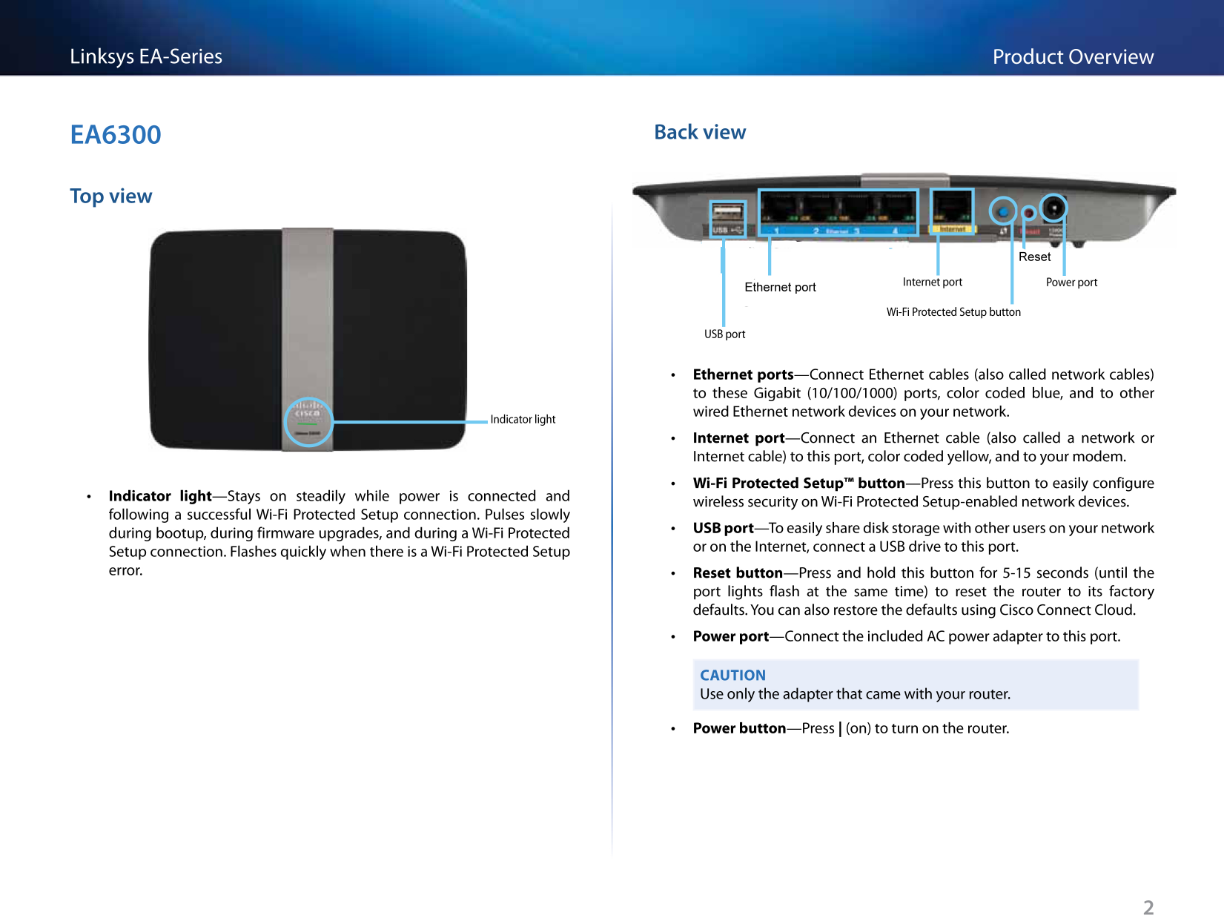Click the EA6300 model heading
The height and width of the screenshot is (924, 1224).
[x=116, y=135]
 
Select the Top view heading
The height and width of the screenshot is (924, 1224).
[x=111, y=197]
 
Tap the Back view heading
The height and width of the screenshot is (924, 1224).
[x=700, y=132]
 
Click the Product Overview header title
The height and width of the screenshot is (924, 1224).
[x=1073, y=57]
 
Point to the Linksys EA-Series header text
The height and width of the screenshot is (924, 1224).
[x=146, y=56]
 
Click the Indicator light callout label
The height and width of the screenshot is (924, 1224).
[x=523, y=420]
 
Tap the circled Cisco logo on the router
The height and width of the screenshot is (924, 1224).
[x=308, y=422]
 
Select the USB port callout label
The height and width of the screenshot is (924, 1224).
[x=724, y=334]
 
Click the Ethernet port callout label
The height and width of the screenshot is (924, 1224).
[x=780, y=288]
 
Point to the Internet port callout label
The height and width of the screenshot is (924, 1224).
[x=932, y=283]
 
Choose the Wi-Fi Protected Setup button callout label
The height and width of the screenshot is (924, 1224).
[x=953, y=312]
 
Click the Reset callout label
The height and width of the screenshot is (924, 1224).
[x=1034, y=257]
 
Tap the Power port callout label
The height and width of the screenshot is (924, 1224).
[x=1071, y=283]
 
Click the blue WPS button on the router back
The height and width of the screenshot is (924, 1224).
[x=1003, y=211]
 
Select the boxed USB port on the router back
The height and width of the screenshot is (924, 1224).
[x=727, y=217]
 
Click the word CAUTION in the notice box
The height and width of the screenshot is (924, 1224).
[x=732, y=676]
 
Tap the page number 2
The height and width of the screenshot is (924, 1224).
[x=1148, y=908]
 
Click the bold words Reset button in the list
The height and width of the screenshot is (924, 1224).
[x=738, y=573]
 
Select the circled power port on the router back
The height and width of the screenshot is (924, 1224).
[x=1053, y=208]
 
